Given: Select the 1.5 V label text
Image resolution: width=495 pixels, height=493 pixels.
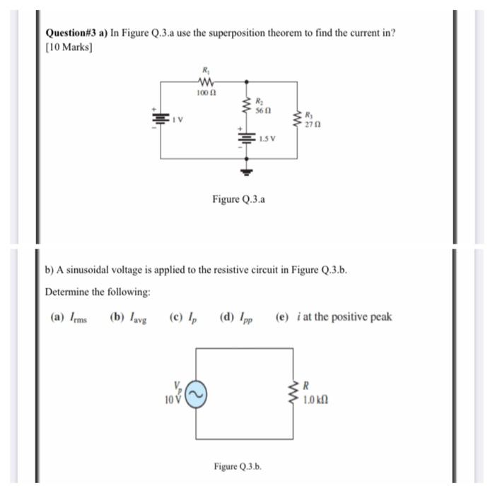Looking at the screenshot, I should (267, 138).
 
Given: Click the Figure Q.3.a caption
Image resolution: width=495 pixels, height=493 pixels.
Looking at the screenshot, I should (239, 200).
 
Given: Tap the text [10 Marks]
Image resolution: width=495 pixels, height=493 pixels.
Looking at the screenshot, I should (69, 47).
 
